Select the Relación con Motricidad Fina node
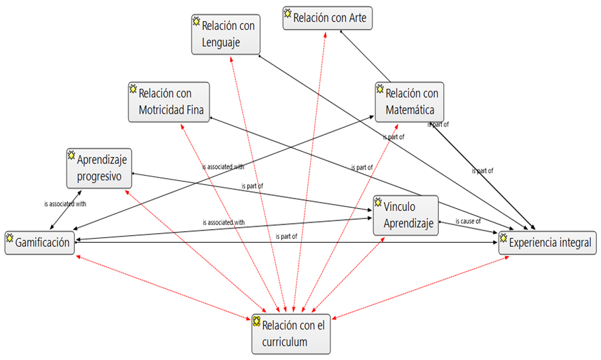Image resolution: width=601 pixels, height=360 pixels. point(169,102)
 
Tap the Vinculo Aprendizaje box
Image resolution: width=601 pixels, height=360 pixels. point(406,216)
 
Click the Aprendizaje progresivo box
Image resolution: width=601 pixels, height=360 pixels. point(98,168)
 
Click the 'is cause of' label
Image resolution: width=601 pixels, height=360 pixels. point(468,221)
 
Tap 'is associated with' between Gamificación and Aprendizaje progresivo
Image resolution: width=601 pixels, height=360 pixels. point(65,203)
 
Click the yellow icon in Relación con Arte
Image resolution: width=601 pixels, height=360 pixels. point(288,13)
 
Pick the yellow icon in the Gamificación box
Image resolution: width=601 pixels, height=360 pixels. point(10,238)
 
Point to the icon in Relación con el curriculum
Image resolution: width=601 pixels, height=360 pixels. point(257,320)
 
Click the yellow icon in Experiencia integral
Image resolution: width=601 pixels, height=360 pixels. point(503,238)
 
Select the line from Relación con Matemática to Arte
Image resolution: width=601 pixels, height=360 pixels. point(366,57)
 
